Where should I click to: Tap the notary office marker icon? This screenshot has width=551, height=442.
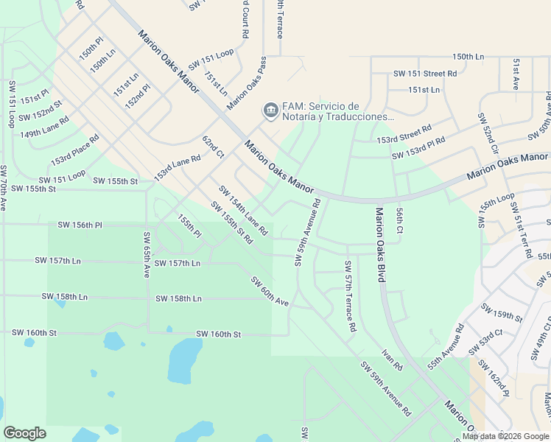click(270, 111)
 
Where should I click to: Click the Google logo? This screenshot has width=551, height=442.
click(25, 432)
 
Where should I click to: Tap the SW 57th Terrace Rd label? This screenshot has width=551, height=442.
click(350, 295)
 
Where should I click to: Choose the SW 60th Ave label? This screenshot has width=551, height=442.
click(269, 291)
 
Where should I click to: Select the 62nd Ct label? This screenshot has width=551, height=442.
click(213, 147)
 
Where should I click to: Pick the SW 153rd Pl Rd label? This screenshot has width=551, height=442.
click(418, 148)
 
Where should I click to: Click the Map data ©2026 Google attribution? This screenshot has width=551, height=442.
click(505, 436)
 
